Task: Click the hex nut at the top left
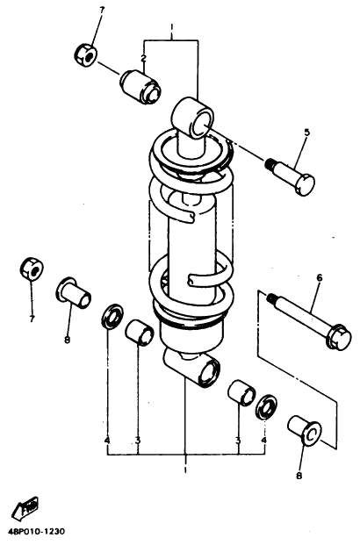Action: pos(86,55)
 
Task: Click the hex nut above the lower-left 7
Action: pos(32,269)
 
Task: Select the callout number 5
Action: pos(306,133)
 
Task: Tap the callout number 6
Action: pos(320,277)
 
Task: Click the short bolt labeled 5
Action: pos(291,176)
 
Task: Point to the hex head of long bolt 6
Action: pos(339,337)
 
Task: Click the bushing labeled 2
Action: pos(140,87)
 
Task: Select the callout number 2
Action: pos(143,59)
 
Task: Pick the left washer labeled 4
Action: pos(112,316)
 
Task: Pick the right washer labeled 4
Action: pos(266,406)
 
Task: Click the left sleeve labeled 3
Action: pos(140,333)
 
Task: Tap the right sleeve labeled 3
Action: pos(241,393)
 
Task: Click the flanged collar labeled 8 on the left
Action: pos(73,292)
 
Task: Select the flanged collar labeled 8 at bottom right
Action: pos(305,430)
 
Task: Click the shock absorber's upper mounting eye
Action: pos(192,117)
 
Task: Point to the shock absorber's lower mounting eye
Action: pos(192,369)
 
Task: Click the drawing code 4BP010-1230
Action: pos(37,532)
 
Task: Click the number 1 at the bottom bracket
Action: pos(185,470)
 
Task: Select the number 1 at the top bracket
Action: pos(171,26)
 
